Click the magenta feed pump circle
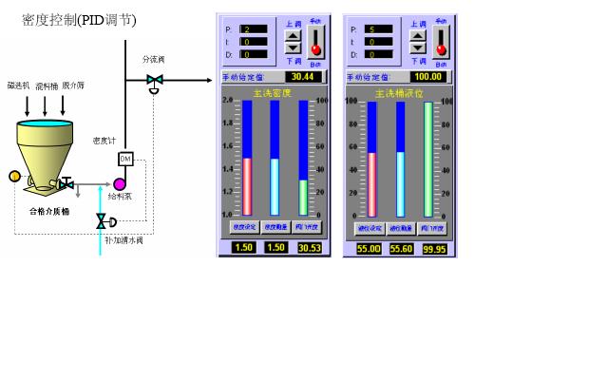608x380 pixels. pyautogui.click(x=120, y=183)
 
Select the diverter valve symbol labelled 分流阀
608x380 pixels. pyautogui.click(x=154, y=82)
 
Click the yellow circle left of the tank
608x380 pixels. pyautogui.click(x=14, y=176)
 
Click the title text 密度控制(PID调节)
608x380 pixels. pyautogui.click(x=79, y=20)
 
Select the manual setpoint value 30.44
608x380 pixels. pyautogui.click(x=301, y=77)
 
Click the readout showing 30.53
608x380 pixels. pyautogui.click(x=310, y=248)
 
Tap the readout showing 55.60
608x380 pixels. pyautogui.click(x=401, y=248)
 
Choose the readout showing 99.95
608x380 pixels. pyautogui.click(x=434, y=248)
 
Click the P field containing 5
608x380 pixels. pyautogui.click(x=378, y=29)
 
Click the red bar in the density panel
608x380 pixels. pyautogui.click(x=248, y=186)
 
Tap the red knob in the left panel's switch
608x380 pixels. pyautogui.click(x=316, y=49)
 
